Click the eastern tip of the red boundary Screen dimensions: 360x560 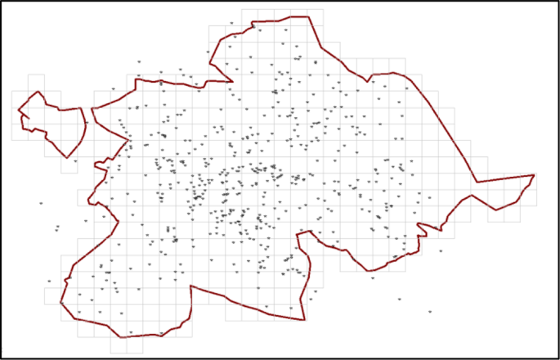point(534,174)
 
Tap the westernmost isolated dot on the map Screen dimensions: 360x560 point(40,203)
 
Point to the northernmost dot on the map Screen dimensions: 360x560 point(232,23)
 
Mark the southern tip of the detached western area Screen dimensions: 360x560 point(67,157)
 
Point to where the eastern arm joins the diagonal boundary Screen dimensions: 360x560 point(477,182)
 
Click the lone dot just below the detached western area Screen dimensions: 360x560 point(75,161)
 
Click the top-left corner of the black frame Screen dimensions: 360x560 point(2,2)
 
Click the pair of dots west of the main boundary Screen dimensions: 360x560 point(56,228)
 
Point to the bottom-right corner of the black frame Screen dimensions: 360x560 point(558,358)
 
